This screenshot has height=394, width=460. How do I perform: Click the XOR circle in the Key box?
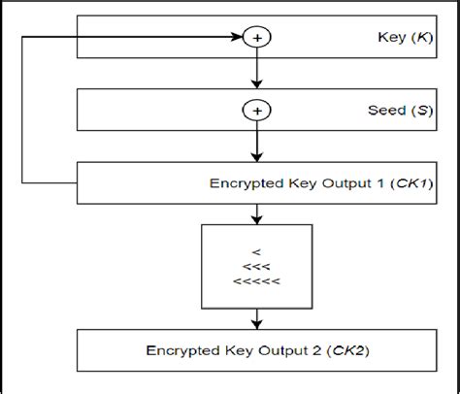258,38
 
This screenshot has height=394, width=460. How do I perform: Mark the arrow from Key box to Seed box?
258,73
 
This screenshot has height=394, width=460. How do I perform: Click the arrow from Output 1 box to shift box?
258,213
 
